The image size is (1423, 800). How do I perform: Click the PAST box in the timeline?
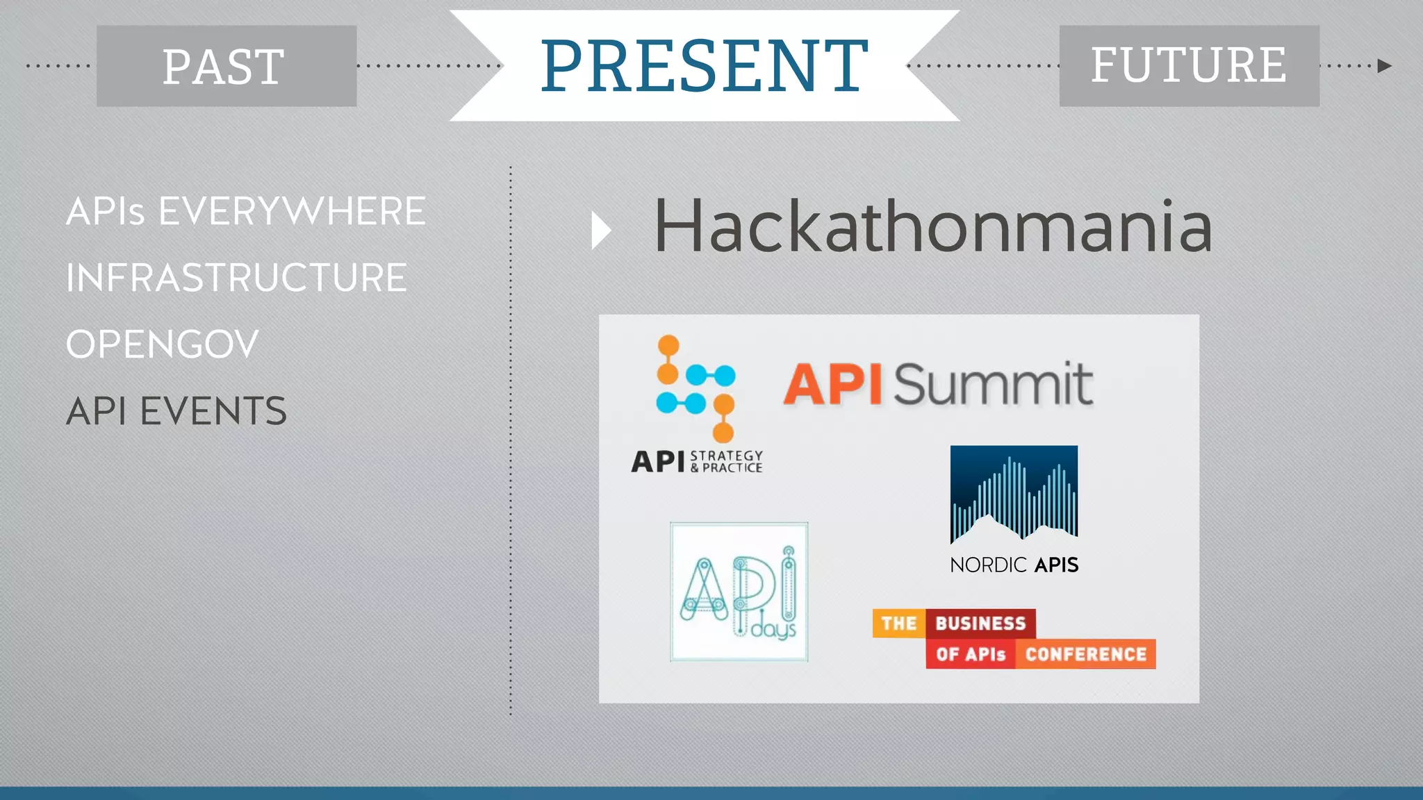point(227,66)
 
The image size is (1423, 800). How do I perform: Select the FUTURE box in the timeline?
point(1189,66)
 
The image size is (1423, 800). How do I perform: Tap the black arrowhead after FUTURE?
point(1384,66)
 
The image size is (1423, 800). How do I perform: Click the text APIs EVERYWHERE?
point(245,211)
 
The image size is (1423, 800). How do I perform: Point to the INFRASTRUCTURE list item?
point(236,278)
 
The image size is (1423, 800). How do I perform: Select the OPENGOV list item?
point(162,344)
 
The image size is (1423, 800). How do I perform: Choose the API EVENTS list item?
point(176,411)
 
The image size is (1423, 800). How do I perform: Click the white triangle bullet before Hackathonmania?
point(600,231)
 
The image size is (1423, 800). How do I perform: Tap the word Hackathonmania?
point(933,226)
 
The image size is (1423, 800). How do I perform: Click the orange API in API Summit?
point(832,384)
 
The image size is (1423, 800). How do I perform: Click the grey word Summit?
point(992,384)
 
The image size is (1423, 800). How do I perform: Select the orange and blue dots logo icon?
point(696,389)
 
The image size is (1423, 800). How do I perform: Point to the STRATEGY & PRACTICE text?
point(726,462)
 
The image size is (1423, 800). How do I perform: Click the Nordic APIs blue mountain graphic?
point(1014,494)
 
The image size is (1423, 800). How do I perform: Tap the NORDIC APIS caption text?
point(1014,565)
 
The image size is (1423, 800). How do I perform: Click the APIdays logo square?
point(739,592)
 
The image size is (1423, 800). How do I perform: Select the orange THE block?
point(899,624)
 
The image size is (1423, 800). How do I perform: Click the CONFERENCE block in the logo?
point(1085,654)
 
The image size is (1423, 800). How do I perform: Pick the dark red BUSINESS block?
point(980,624)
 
